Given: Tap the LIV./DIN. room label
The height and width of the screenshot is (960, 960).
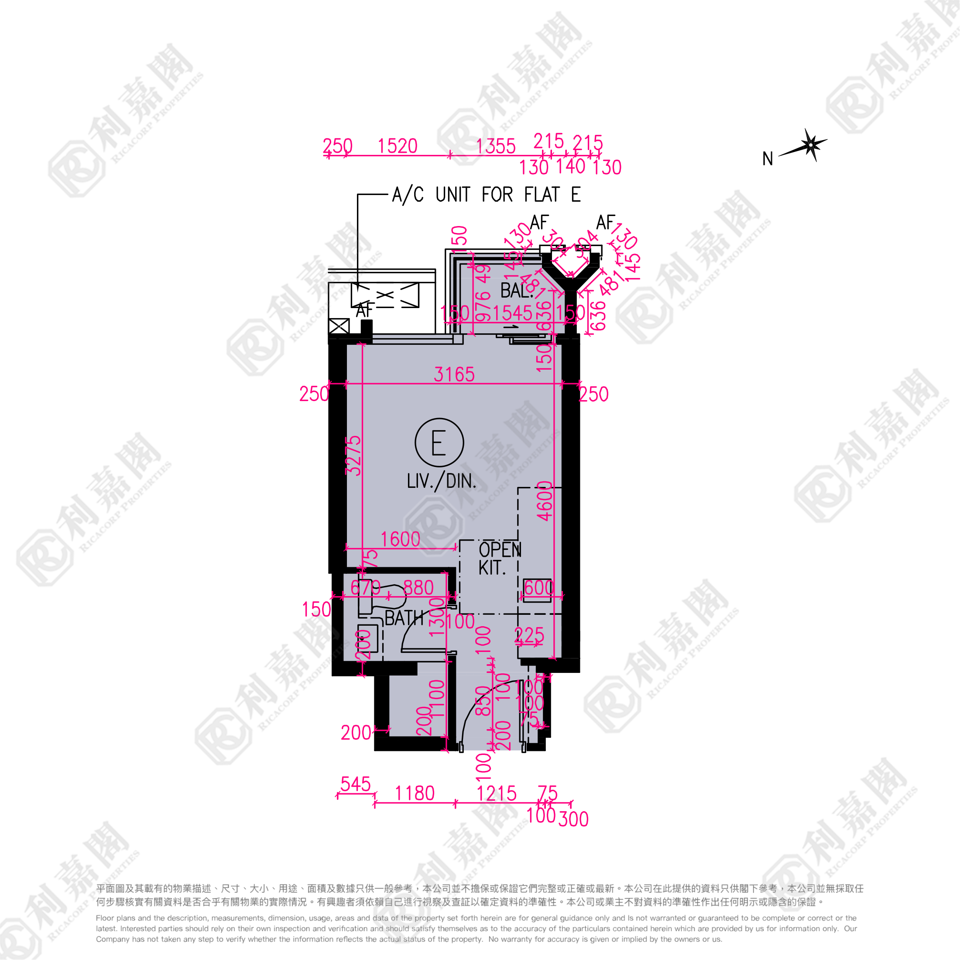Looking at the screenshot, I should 441,481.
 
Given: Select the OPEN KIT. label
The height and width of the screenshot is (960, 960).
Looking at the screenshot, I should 499,559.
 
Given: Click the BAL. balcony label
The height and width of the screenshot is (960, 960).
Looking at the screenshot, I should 516,290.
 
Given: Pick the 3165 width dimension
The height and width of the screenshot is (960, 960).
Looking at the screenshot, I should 454,374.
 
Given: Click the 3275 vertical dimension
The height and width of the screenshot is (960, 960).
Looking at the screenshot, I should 353,455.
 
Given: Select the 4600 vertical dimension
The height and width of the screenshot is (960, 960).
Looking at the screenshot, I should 545,501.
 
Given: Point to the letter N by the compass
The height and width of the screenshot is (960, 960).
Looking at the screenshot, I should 768,159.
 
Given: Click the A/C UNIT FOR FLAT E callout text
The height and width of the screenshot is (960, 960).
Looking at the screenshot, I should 486,194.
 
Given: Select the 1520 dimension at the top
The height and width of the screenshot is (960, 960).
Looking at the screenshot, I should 398,146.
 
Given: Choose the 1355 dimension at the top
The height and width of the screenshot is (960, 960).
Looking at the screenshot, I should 495,147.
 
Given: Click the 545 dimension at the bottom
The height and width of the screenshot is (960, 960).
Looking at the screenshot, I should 356,784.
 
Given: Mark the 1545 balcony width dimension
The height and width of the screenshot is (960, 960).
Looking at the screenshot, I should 512,313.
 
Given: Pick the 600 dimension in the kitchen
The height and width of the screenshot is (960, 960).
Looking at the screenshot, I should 538,588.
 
